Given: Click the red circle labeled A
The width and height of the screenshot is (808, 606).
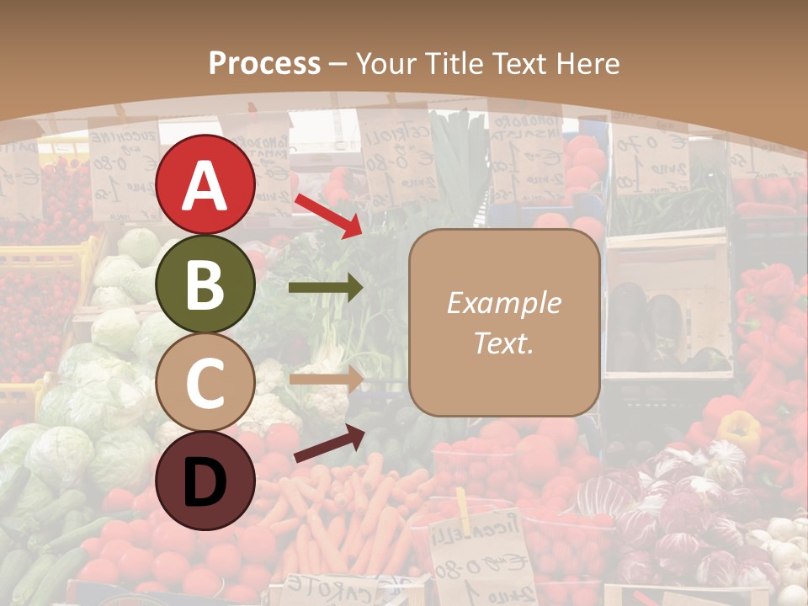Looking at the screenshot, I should [x=205, y=184].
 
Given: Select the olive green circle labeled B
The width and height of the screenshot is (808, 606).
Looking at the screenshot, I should [x=205, y=284].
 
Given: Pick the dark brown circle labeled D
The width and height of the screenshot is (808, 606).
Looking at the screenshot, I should [x=205, y=481].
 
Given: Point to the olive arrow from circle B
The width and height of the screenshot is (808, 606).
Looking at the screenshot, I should [x=326, y=288].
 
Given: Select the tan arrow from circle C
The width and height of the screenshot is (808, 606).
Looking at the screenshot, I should [x=326, y=379].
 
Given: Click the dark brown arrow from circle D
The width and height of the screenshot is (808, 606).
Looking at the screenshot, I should [x=329, y=444].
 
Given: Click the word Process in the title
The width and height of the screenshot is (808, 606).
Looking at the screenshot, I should [x=264, y=63].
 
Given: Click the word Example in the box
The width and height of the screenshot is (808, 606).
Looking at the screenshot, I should [x=503, y=303].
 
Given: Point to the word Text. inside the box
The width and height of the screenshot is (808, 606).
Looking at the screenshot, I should [x=503, y=343].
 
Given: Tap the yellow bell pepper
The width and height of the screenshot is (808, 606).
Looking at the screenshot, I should [x=738, y=429].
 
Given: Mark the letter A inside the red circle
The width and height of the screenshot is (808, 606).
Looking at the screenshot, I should [x=205, y=186].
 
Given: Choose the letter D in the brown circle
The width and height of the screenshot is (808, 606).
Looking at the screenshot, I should [x=205, y=482].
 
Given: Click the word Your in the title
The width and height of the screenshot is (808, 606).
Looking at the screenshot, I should [x=386, y=63].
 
